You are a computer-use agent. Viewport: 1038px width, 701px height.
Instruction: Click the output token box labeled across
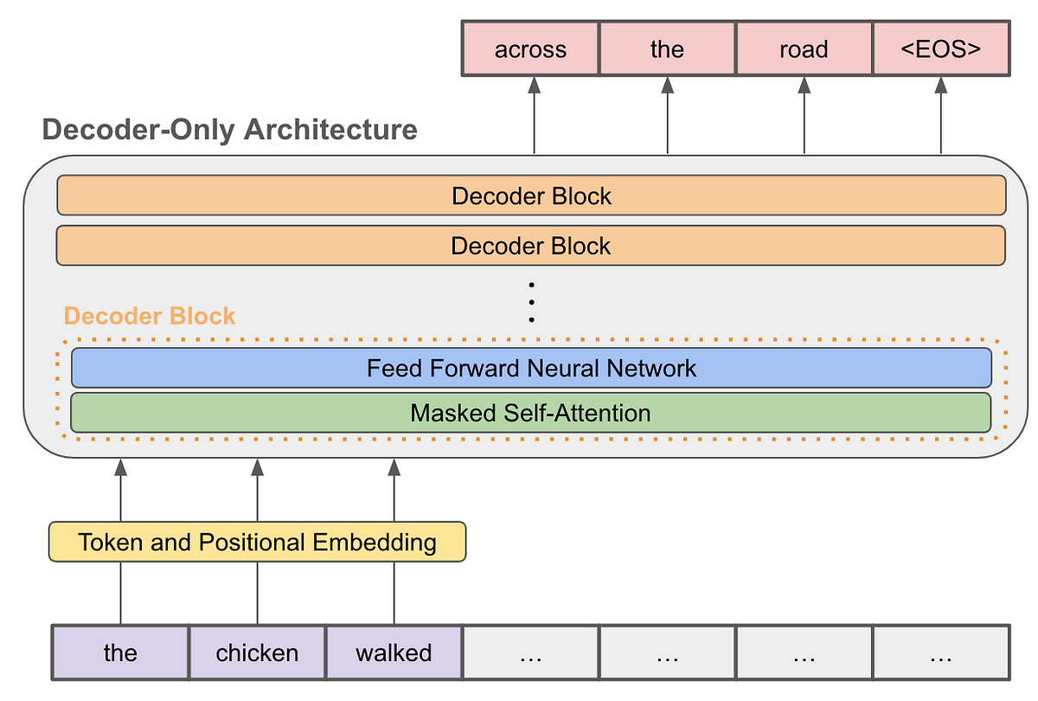click(531, 49)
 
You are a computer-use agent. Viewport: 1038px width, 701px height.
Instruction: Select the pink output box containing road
click(804, 49)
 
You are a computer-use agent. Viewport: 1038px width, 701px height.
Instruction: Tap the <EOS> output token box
click(940, 49)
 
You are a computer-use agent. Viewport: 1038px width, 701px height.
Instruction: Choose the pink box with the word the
click(667, 49)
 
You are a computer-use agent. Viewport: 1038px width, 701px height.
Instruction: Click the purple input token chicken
click(257, 652)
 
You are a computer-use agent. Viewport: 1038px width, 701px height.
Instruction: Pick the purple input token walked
click(394, 652)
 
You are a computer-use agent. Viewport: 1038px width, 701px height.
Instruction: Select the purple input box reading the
click(120, 652)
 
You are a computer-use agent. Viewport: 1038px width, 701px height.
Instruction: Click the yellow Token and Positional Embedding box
click(257, 543)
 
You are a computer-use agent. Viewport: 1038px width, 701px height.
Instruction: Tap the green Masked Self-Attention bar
click(530, 413)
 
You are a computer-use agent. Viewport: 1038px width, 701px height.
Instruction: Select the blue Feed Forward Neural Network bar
click(530, 369)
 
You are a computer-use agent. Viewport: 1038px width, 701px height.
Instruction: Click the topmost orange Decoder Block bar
click(530, 196)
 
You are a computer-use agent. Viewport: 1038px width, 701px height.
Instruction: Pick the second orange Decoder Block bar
click(530, 246)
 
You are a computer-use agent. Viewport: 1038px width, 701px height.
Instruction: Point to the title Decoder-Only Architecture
click(230, 130)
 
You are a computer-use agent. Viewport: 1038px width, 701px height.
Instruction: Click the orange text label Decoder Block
click(150, 316)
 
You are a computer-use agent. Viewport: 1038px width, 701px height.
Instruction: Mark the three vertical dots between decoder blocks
click(531, 302)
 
